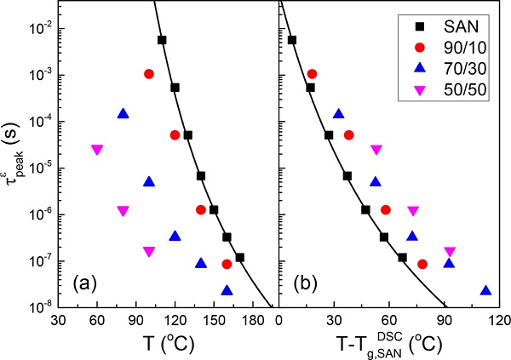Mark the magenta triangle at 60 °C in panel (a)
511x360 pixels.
(x=97, y=150)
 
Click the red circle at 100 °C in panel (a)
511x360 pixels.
(x=149, y=74)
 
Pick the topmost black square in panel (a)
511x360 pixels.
(x=162, y=40)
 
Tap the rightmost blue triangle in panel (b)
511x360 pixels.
(x=485, y=290)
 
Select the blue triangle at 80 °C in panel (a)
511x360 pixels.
(x=123, y=113)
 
